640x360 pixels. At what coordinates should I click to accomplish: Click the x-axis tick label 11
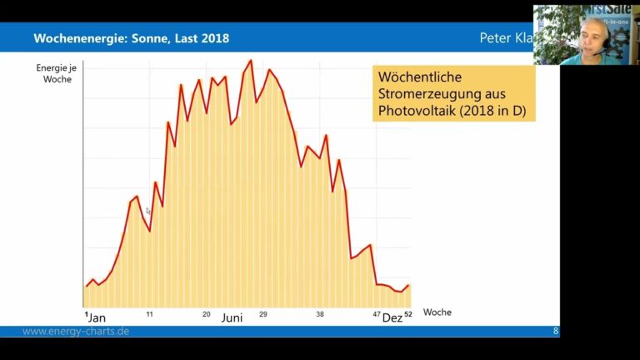pos(149,314)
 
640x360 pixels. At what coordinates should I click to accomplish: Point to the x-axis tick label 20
pos(207,314)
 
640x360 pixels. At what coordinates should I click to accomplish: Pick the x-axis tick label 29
pos(262,314)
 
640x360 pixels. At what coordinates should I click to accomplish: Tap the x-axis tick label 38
pos(320,314)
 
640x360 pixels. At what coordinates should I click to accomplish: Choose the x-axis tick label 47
pos(377,314)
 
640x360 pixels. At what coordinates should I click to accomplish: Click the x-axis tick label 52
pos(408,314)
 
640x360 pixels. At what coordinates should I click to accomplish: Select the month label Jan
pos(97,318)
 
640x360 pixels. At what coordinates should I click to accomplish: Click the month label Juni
pos(233,318)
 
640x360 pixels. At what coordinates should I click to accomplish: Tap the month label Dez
pos(392,318)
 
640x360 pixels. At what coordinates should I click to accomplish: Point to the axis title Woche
pos(437,312)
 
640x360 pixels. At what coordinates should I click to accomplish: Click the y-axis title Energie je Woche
pos(53,72)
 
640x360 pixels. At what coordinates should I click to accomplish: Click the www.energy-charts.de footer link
pos(76,332)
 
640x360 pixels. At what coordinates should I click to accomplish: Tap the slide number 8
pos(556,332)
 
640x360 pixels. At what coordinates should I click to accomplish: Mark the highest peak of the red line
pos(250,60)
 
